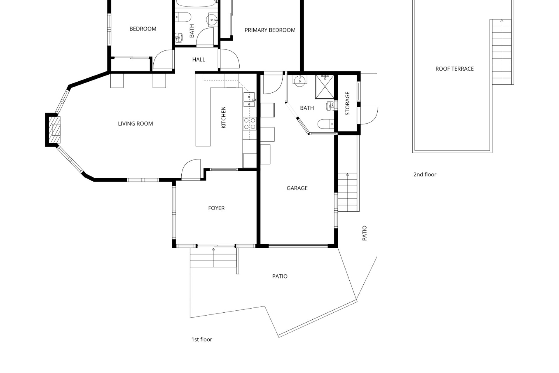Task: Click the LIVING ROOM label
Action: pyautogui.click(x=135, y=124)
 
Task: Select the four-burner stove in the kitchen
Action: pyautogui.click(x=249, y=123)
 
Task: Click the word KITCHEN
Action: pyautogui.click(x=224, y=117)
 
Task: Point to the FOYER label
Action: pyautogui.click(x=216, y=208)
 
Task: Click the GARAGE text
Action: pyautogui.click(x=297, y=188)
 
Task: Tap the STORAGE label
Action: pyautogui.click(x=347, y=103)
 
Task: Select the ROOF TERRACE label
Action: pyautogui.click(x=454, y=69)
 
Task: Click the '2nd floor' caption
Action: pyautogui.click(x=425, y=175)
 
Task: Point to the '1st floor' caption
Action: pyautogui.click(x=202, y=339)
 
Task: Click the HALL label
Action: pyautogui.click(x=199, y=59)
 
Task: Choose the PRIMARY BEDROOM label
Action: pyautogui.click(x=270, y=30)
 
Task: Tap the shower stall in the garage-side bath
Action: pyautogui.click(x=325, y=87)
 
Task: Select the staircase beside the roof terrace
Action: pyautogui.click(x=502, y=52)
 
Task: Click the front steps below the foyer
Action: pyautogui.click(x=213, y=258)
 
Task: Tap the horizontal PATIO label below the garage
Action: pyautogui.click(x=280, y=276)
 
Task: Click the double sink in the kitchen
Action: pyautogui.click(x=249, y=100)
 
